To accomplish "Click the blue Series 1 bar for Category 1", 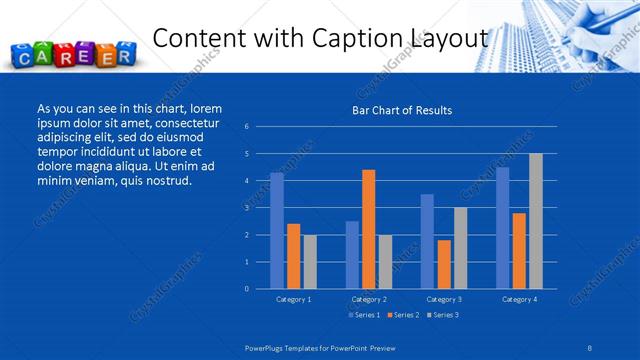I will (277, 231).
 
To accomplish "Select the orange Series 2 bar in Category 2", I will (368, 229).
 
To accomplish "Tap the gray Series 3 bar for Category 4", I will (535, 221).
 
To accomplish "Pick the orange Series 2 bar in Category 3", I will (444, 264).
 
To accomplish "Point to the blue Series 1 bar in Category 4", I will (502, 228).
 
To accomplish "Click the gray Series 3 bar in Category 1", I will (310, 262).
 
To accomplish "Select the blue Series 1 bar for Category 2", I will (352, 255).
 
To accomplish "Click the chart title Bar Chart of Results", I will (402, 110).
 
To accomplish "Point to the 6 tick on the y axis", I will (246, 127).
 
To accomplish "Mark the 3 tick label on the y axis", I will (246, 208).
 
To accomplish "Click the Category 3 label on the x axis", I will (443, 299).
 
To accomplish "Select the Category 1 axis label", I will (293, 299).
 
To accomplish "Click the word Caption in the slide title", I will (362, 38).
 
